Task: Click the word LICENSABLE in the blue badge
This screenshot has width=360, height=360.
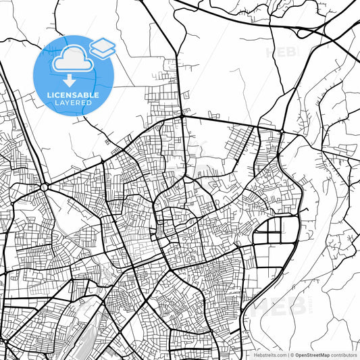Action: click(73, 95)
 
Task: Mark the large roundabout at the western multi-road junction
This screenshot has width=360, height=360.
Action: click(45, 187)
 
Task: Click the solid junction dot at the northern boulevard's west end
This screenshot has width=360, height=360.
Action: click(182, 116)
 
